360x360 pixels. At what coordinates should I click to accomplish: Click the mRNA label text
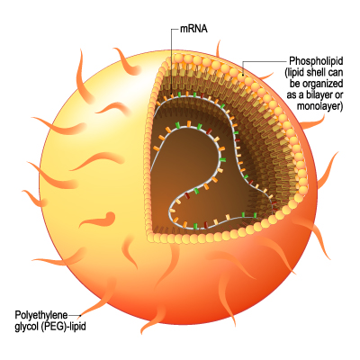tap(193, 29)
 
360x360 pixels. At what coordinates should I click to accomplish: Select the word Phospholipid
tap(316, 61)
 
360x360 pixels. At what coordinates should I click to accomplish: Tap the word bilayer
tap(316, 94)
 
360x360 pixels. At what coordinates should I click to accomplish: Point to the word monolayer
tap(319, 106)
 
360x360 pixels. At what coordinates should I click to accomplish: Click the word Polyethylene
tap(41, 315)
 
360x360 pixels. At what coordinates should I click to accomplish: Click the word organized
tap(323, 84)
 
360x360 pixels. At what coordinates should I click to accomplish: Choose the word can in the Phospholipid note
tap(334, 73)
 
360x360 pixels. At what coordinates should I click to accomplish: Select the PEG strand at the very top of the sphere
tap(218, 49)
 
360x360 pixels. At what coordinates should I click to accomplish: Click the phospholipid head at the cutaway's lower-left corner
tap(150, 238)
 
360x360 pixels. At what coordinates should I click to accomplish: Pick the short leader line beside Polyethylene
tap(75, 315)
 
